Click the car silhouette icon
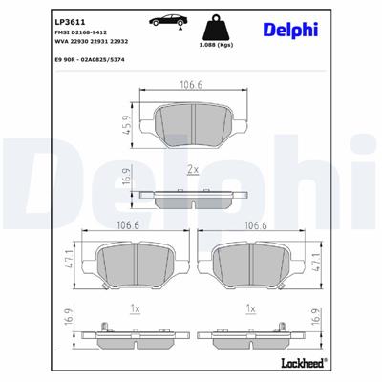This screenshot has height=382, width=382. point(167,22)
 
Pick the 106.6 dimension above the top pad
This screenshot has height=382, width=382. point(192,84)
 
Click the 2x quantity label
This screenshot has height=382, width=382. point(193,169)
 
